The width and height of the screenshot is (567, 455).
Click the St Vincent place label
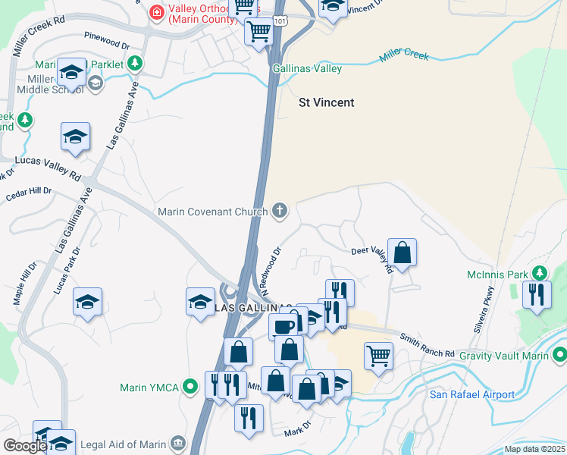pyautogui.click(x=326, y=102)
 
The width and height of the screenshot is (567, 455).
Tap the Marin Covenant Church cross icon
pyautogui.click(x=280, y=211)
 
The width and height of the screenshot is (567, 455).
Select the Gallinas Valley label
pyautogui.click(x=307, y=69)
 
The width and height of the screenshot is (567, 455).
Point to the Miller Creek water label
pyautogui.click(x=404, y=56)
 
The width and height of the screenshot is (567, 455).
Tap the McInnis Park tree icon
pyautogui.click(x=540, y=272)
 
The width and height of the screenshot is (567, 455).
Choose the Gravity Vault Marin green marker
pyautogui.click(x=559, y=354)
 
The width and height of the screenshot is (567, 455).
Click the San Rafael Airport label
pyautogui.click(x=472, y=394)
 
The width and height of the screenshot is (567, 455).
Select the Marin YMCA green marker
pyautogui.click(x=190, y=388)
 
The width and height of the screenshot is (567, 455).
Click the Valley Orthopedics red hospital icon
pyautogui.click(x=156, y=11)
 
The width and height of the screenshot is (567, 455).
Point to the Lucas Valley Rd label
pyautogui.click(x=48, y=168)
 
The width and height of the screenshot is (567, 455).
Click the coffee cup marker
pyautogui.click(x=283, y=327)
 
